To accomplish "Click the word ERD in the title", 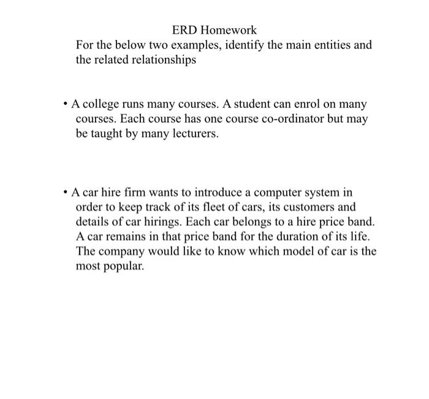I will (x=184, y=29).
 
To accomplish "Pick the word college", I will (x=101, y=104).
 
